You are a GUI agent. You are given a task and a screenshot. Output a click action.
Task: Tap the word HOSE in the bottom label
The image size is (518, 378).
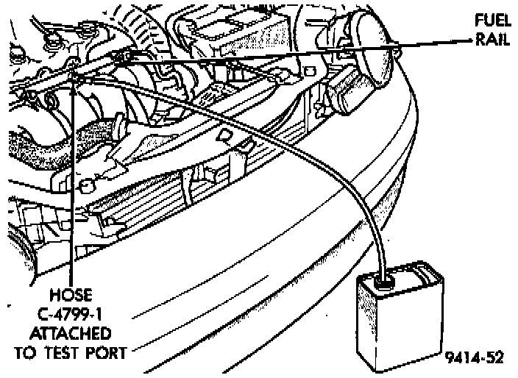point(73,295)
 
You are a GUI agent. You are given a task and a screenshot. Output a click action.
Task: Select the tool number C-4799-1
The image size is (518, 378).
point(73,313)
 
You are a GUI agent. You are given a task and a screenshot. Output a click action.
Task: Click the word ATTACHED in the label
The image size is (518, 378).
point(73,332)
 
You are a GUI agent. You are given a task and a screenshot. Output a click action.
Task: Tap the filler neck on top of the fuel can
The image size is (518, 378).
point(383,280)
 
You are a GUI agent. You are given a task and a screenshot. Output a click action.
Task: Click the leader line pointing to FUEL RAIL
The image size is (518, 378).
point(441,44)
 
